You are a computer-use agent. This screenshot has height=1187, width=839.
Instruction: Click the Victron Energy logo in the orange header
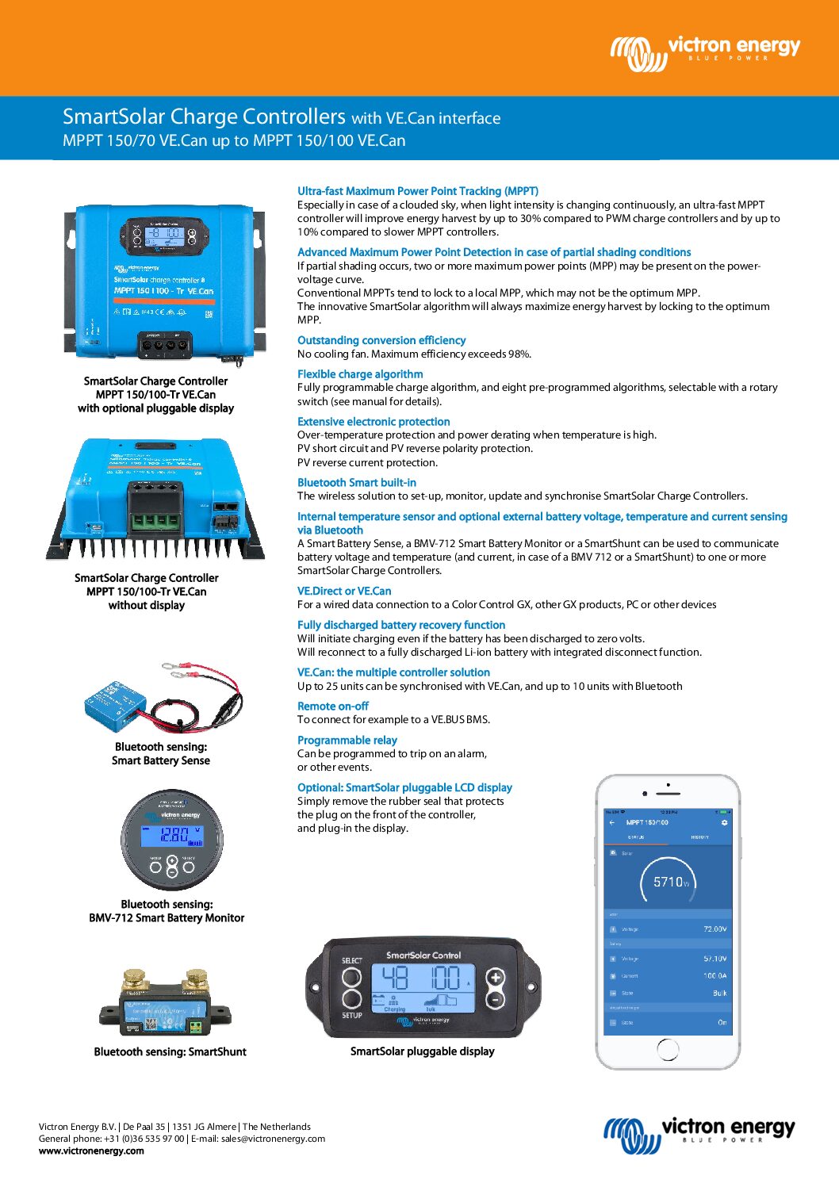(x=705, y=52)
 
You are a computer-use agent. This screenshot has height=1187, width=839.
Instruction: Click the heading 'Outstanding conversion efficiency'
(x=381, y=340)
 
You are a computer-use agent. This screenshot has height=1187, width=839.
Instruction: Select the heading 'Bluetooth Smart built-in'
(x=356, y=482)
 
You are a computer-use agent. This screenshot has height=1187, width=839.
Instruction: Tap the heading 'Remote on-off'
(x=332, y=706)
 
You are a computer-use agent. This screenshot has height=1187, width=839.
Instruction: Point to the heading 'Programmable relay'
(x=347, y=740)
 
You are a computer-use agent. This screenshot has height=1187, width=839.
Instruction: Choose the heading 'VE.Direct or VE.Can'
(x=343, y=591)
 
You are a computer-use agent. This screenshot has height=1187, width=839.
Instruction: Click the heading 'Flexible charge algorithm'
(x=359, y=374)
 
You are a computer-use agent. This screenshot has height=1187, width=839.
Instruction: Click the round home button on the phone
(x=668, y=1048)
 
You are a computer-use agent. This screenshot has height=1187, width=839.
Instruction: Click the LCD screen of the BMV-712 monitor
(x=172, y=835)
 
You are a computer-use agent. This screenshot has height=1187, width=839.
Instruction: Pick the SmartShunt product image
(x=165, y=1004)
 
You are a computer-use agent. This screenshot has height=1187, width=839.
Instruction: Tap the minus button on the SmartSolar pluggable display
(x=495, y=999)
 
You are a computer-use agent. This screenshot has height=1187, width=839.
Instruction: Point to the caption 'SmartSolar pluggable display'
(x=422, y=1051)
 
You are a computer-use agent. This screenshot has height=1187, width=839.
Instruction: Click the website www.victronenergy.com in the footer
(x=91, y=1151)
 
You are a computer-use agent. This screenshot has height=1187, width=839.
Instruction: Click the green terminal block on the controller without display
(x=154, y=522)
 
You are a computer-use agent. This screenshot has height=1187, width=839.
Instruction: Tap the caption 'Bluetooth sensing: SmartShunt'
(x=170, y=1052)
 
